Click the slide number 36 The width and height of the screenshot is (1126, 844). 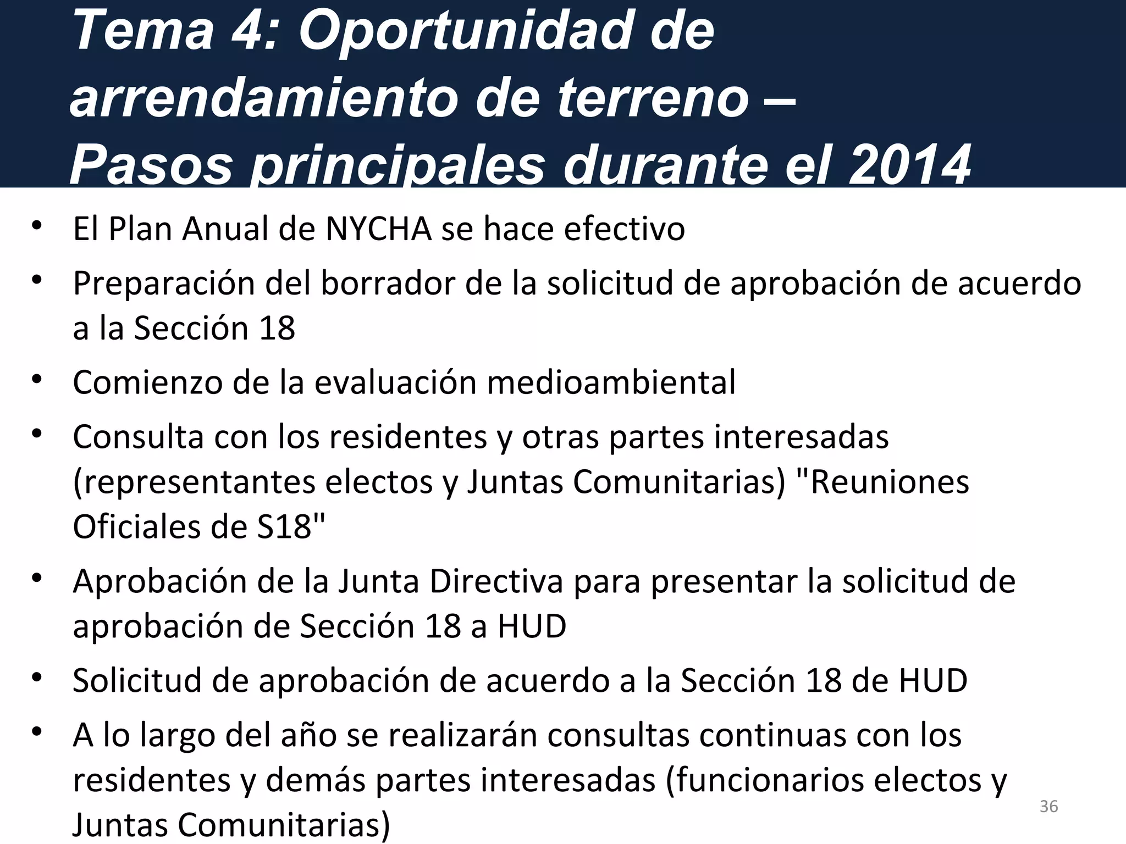1049,807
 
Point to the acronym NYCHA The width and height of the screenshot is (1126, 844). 378,229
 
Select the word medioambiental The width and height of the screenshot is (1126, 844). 611,382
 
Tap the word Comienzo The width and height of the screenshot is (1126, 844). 147,382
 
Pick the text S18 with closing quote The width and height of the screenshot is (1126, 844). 291,526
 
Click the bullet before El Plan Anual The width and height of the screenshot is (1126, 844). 37,226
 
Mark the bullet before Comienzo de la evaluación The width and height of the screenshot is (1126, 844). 37,380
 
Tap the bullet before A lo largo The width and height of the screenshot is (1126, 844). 37,732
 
